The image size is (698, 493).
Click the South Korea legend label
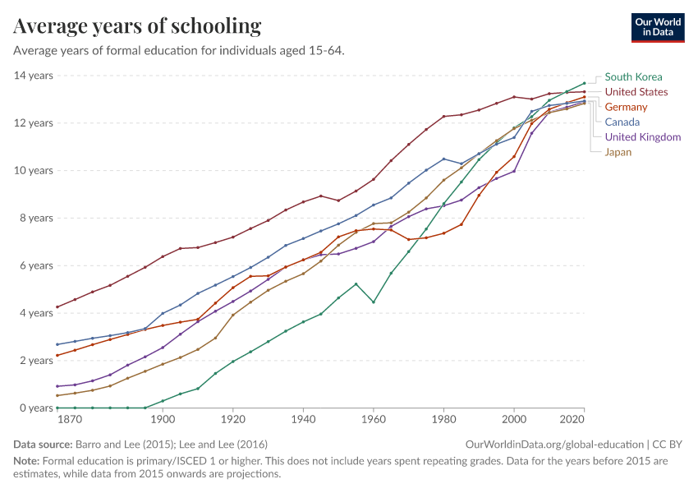pos(633,77)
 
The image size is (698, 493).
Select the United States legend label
pos(636,92)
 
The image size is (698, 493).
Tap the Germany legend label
pos(626,108)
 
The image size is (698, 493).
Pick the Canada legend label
pos(622,122)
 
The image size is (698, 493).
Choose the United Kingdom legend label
pos(643,137)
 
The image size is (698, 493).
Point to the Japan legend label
pos(618,152)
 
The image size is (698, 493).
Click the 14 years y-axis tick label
pos(34,76)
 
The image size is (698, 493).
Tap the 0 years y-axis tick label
pos(36,408)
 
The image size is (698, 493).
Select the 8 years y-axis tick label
pos(36,218)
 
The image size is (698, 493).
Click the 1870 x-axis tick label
pos(71,419)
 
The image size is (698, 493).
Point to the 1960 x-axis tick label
pos(374,419)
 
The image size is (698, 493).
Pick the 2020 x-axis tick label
pos(572,419)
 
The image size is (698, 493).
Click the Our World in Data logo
pos(658,28)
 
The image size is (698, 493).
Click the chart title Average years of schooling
pos(137,26)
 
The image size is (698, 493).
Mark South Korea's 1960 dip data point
pos(374,302)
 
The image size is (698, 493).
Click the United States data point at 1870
pos(57,306)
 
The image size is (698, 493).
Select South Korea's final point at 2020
pos(584,83)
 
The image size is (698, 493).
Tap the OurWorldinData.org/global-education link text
pos(554,445)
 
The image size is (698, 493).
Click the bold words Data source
pos(43,445)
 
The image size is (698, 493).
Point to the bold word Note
pos(27,460)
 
